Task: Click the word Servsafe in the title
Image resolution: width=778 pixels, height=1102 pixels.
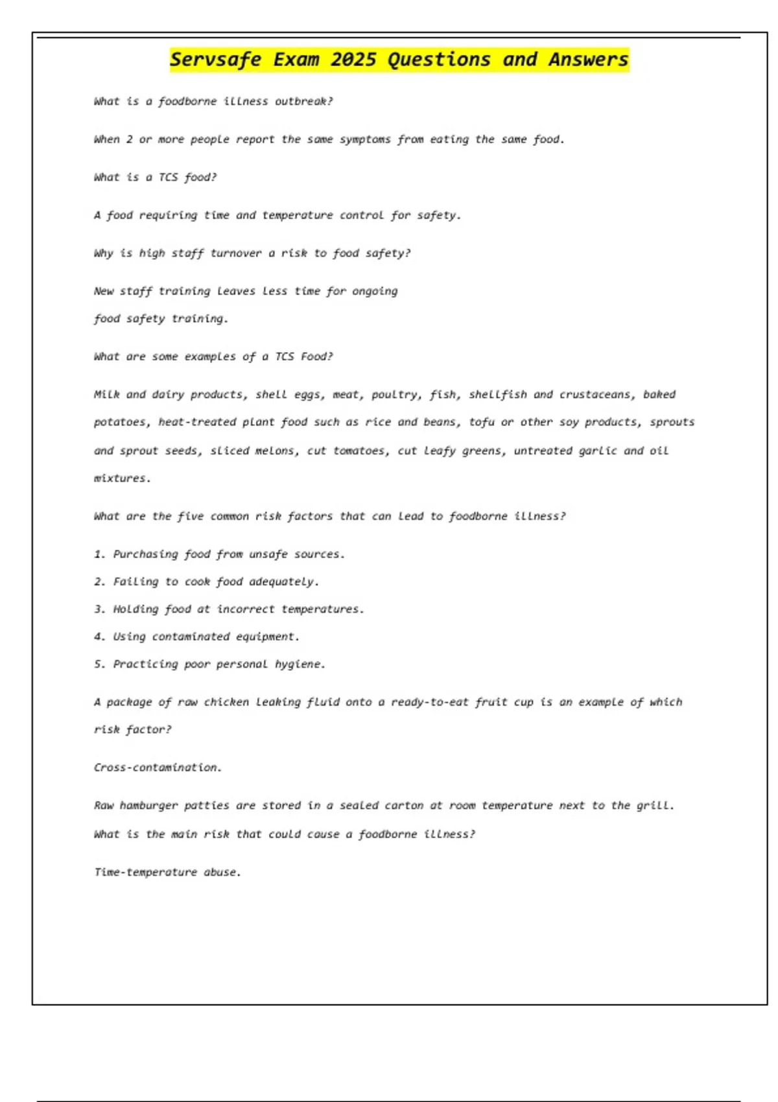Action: [x=216, y=60]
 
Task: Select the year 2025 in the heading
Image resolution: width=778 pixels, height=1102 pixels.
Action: [x=353, y=60]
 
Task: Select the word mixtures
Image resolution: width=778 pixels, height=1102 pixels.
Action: [x=122, y=479]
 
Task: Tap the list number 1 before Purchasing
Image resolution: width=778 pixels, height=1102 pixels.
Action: [x=99, y=554]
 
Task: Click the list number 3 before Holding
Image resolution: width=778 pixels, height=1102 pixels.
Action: [x=99, y=609]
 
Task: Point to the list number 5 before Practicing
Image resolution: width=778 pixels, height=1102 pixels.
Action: [x=99, y=664]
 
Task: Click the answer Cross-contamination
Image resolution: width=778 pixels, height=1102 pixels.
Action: [x=158, y=768]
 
